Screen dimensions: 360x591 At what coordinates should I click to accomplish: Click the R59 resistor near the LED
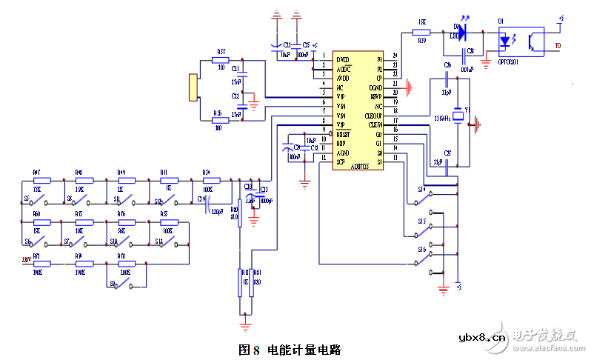click(x=421, y=32)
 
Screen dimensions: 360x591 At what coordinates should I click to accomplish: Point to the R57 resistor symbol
click(x=221, y=61)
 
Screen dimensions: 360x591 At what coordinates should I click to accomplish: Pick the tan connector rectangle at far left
click(x=194, y=87)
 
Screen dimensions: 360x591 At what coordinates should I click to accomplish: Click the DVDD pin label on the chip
click(x=342, y=59)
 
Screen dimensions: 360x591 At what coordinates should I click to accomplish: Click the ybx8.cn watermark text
click(x=481, y=338)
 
